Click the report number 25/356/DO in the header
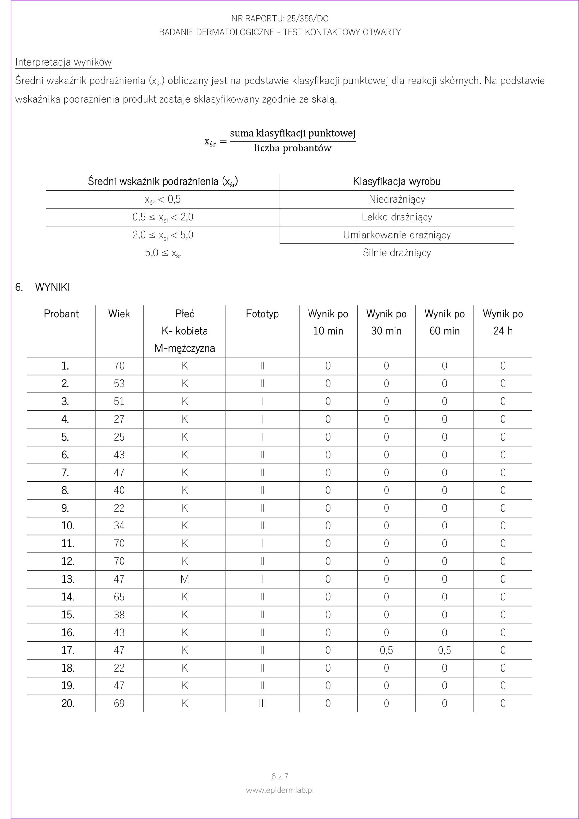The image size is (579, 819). click(307, 19)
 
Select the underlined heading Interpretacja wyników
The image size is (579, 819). click(63, 62)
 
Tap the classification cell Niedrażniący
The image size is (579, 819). click(396, 199)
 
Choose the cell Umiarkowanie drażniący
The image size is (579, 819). click(396, 235)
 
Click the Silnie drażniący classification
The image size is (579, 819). click(396, 252)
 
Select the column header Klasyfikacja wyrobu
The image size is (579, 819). click(396, 181)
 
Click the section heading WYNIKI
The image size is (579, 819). click(52, 287)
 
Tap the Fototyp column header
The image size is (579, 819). click(262, 314)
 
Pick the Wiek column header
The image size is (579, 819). click(119, 314)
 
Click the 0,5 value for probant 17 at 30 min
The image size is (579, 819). click(386, 650)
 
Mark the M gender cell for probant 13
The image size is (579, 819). click(184, 579)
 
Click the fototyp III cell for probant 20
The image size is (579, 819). click(262, 703)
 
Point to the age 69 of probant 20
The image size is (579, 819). click(119, 703)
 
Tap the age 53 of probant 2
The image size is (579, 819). click(119, 384)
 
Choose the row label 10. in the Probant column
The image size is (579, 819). click(68, 525)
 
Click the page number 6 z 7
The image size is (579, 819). click(280, 776)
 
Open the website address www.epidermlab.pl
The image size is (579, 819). click(280, 790)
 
